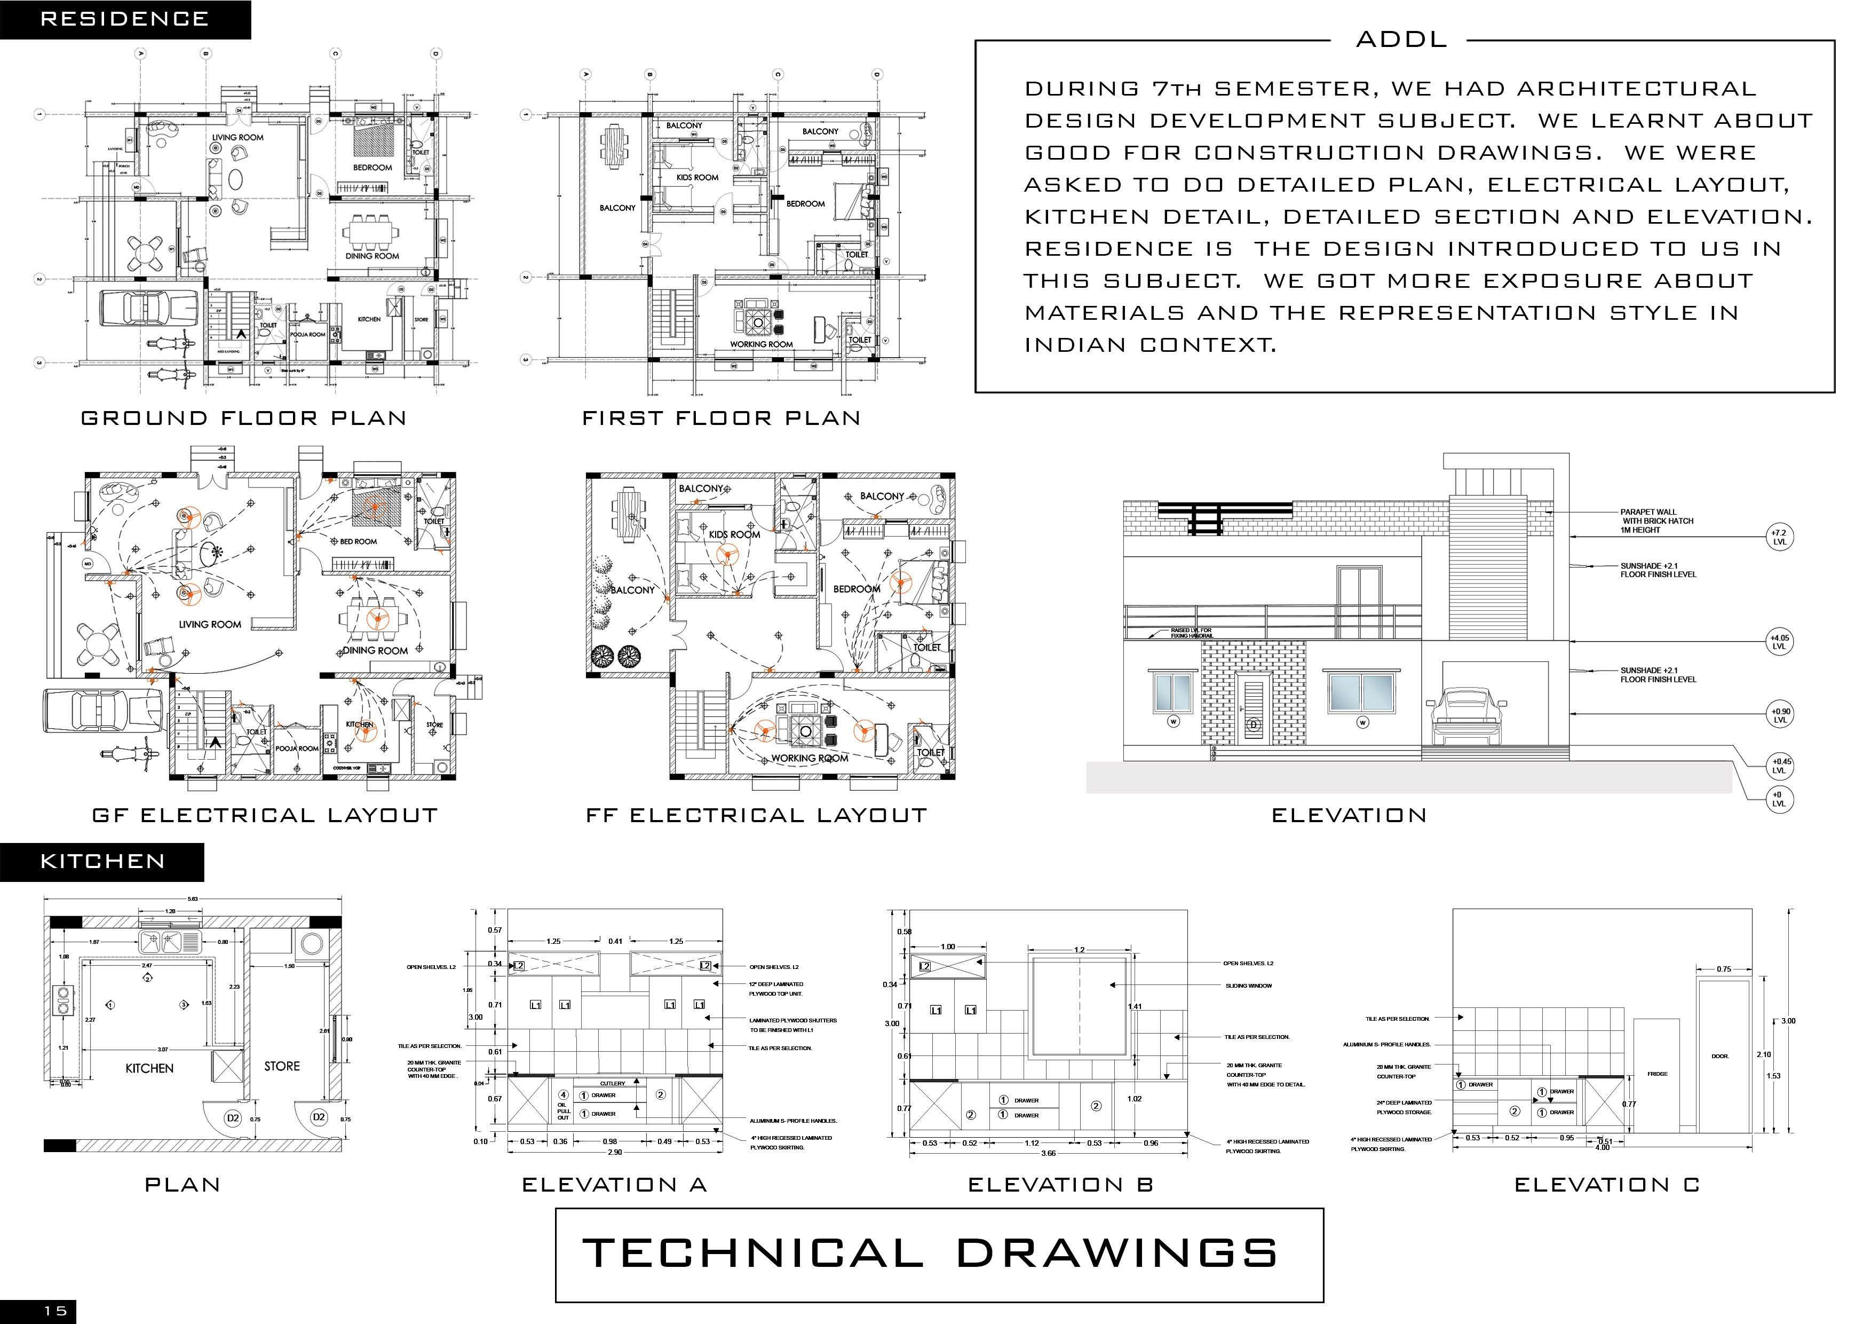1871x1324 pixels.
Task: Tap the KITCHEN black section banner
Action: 102,862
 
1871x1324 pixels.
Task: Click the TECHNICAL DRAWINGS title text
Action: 930,1253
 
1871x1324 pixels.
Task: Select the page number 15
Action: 56,1311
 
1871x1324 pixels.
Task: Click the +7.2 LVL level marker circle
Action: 1779,537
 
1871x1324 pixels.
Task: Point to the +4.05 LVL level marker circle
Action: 1779,642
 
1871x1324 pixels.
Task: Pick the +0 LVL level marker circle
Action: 1779,799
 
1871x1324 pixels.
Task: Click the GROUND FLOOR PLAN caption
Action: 244,418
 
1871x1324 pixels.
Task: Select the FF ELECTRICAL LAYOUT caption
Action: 756,815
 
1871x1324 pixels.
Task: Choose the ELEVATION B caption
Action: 1060,1185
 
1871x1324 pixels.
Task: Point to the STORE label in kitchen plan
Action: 282,1066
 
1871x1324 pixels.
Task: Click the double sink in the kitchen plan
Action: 170,942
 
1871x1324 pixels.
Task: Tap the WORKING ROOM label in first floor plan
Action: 761,344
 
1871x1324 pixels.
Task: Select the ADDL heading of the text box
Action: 1401,39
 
